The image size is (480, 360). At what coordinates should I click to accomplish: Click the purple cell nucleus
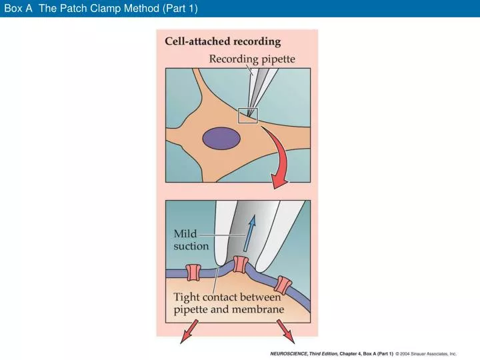click(x=221, y=138)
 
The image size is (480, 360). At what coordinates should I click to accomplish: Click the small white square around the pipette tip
click(x=247, y=115)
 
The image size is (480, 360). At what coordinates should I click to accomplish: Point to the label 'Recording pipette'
click(x=252, y=59)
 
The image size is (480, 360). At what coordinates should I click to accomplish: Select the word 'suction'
click(x=191, y=246)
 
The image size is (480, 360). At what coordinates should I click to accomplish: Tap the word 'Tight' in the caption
click(x=189, y=297)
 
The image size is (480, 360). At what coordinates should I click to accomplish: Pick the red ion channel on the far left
click(x=193, y=272)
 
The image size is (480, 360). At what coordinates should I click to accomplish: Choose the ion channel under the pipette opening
click(x=241, y=265)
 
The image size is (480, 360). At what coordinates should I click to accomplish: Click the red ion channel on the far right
click(x=284, y=285)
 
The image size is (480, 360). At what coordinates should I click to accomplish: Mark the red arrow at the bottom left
click(x=184, y=331)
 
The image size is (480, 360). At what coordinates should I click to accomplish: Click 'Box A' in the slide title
click(x=18, y=8)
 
